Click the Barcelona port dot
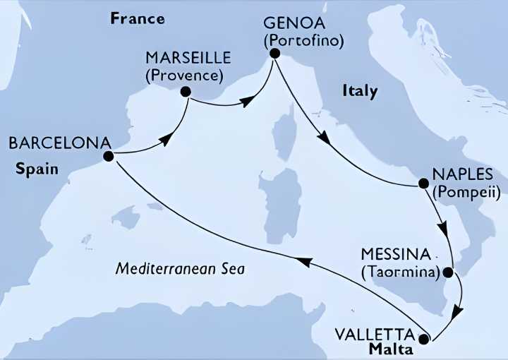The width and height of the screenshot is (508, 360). pyautogui.click(x=108, y=156)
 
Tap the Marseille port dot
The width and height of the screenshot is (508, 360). pyautogui.click(x=186, y=91)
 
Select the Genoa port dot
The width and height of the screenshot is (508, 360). pyautogui.click(x=274, y=53)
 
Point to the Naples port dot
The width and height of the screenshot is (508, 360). pyautogui.click(x=423, y=184)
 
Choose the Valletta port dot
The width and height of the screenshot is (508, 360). pyautogui.click(x=423, y=339)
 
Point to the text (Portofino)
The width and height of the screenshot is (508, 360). pyautogui.click(x=303, y=40)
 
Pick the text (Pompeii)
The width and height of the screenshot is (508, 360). pyautogui.click(x=467, y=191)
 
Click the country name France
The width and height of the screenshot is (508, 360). pyautogui.click(x=138, y=18)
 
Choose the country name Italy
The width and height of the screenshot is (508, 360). pyautogui.click(x=360, y=91)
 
